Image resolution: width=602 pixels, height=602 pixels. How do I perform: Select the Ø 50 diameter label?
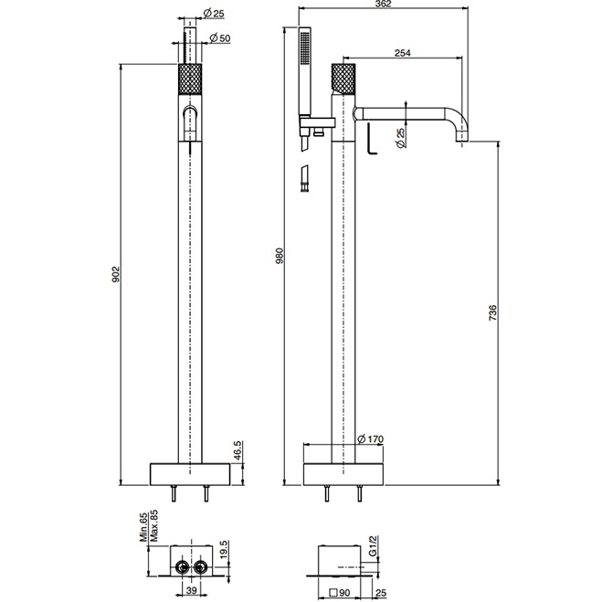(x=219, y=37)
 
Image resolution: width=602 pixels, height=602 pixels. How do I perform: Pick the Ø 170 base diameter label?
(x=376, y=438)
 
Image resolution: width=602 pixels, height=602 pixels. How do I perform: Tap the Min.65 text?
(x=143, y=529)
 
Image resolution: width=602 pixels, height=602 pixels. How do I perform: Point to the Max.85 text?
(x=154, y=529)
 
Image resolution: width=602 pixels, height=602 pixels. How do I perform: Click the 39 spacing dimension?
(x=190, y=589)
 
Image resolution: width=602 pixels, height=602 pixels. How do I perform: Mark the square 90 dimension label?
(x=342, y=590)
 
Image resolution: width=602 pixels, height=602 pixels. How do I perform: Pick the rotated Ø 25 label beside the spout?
(x=401, y=136)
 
